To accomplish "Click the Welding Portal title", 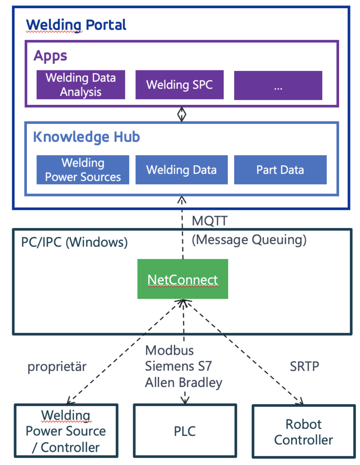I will tap(76, 25).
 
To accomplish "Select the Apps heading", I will tap(50, 56).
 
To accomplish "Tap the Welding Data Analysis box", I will tap(81, 84).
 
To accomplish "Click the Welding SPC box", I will tap(179, 84).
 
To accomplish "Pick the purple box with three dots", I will tap(278, 85).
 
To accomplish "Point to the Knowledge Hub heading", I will tap(86, 137).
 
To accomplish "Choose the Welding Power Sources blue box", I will tap(83, 170).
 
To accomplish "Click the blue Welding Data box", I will tap(181, 170).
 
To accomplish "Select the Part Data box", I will tap(280, 170).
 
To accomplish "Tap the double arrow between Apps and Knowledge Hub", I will tap(182, 114).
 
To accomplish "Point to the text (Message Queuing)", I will tap(249, 239).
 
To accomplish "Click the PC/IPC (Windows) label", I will tap(74, 242).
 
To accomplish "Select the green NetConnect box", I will tap(183, 279).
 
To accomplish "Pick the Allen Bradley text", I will tap(184, 382).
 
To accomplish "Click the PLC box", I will tap(185, 430).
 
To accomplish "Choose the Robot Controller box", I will tap(303, 431).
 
